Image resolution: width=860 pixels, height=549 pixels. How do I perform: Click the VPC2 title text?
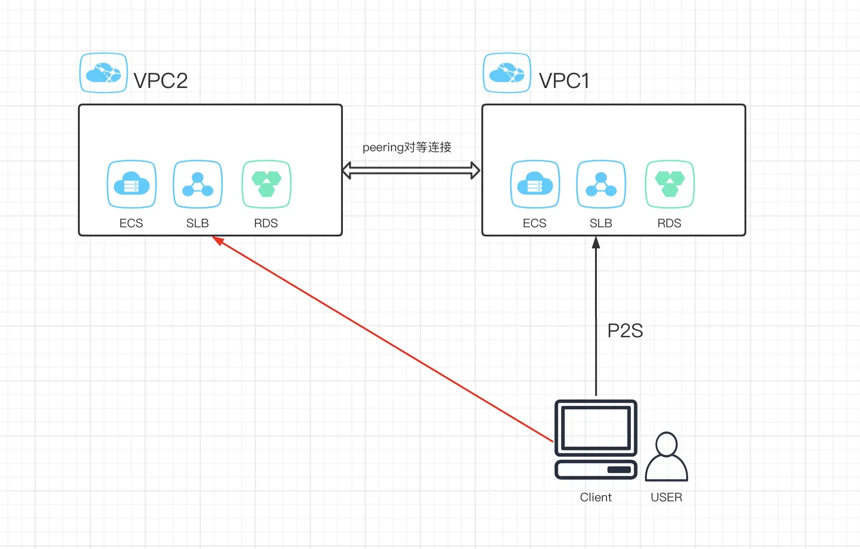[160, 81]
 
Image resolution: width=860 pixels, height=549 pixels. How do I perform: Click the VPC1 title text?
[564, 81]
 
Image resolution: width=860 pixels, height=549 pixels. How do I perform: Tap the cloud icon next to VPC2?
[104, 73]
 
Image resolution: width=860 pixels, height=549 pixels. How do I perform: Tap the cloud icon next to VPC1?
[507, 73]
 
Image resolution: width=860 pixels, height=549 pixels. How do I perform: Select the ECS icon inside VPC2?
[132, 184]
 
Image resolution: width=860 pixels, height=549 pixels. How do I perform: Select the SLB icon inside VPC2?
[198, 184]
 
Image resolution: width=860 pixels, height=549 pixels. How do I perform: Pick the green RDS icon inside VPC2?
[266, 184]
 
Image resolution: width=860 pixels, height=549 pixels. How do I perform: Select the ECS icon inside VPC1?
[535, 184]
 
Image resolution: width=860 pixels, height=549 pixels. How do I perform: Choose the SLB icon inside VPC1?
[601, 184]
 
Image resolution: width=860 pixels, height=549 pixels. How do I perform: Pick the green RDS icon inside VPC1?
[670, 184]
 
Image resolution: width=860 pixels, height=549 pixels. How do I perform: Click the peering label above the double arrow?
[407, 147]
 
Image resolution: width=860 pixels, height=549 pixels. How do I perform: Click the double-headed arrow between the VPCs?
[411, 170]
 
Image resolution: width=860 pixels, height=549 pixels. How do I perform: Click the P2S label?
[625, 330]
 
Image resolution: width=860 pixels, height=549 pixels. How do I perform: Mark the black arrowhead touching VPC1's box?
[596, 242]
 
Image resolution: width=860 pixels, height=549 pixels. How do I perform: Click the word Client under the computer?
[595, 497]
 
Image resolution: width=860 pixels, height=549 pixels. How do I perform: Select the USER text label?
[666, 497]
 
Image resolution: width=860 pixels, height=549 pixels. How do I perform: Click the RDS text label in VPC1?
[669, 223]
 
